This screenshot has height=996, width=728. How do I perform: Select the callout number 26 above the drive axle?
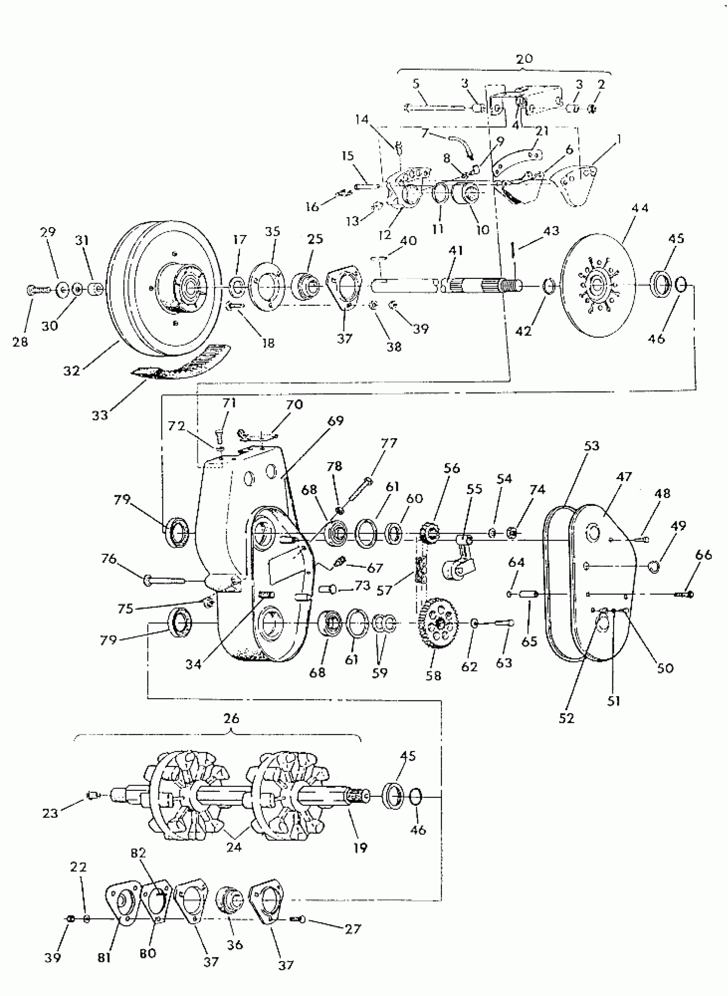click(x=231, y=719)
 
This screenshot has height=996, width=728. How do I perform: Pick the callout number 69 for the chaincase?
click(x=335, y=421)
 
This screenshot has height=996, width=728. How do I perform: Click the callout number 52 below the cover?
click(x=566, y=718)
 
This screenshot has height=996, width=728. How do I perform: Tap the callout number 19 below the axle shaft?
click(x=361, y=847)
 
